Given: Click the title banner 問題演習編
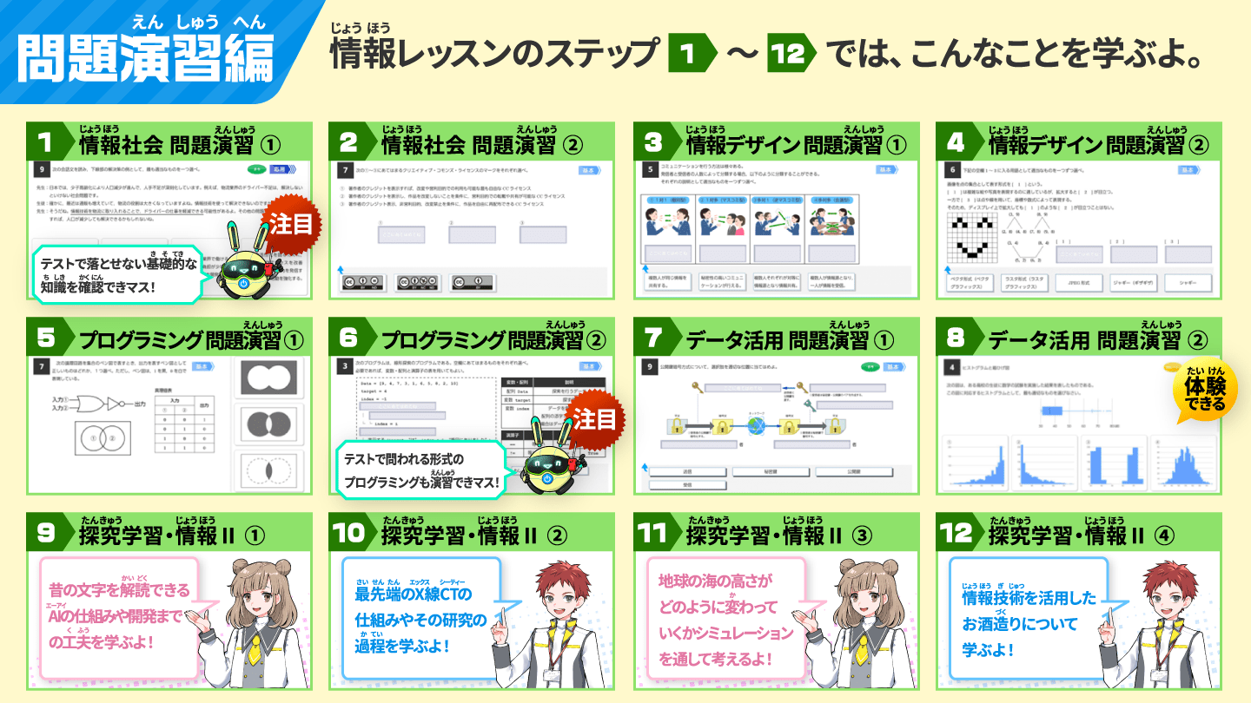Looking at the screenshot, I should [146, 58].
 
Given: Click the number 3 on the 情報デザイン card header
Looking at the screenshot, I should [652, 141].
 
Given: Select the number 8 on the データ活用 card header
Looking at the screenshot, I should [955, 337].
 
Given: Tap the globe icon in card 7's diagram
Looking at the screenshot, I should [755, 426].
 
